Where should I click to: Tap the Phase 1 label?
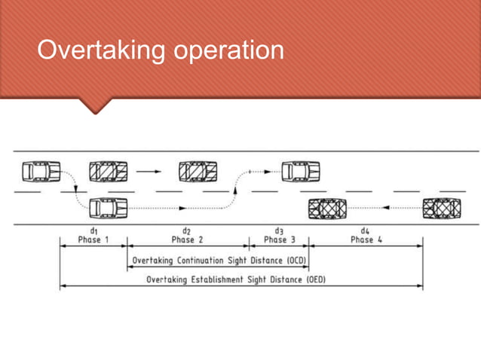coord(93,239)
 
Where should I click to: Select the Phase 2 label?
coord(188,239)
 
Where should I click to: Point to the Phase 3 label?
coord(280,239)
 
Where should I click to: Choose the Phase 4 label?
coord(366,239)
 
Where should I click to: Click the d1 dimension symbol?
coord(93,230)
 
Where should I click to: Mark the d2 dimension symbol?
coord(186,230)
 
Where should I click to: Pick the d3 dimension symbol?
coord(279,230)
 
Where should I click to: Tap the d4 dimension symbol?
coord(366,230)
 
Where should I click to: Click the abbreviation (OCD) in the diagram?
coord(295,261)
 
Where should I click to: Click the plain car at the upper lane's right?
coord(300,171)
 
